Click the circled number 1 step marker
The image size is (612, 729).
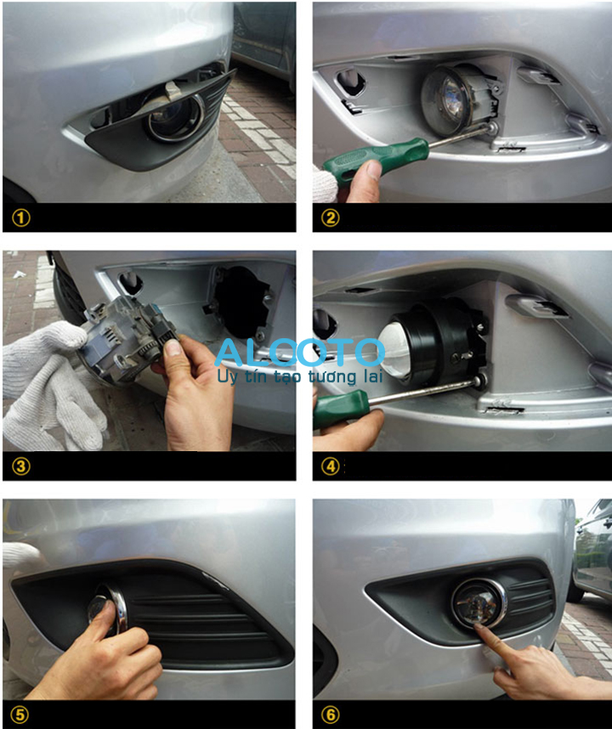pyautogui.click(x=21, y=218)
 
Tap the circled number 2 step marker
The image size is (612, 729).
pyautogui.click(x=331, y=218)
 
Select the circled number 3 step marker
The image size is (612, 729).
pyautogui.click(x=21, y=466)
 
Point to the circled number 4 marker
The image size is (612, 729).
pyautogui.click(x=331, y=466)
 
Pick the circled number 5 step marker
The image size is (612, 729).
pyautogui.click(x=20, y=715)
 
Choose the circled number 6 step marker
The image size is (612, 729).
pyautogui.click(x=331, y=715)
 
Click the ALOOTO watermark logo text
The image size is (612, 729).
pyautogui.click(x=300, y=352)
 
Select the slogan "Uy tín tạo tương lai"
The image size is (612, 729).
pyautogui.click(x=300, y=376)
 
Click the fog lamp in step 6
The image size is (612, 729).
pyautogui.click(x=479, y=604)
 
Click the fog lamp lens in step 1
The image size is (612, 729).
pyautogui.click(x=176, y=119)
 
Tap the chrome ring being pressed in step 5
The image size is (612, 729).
pyautogui.click(x=116, y=609)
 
